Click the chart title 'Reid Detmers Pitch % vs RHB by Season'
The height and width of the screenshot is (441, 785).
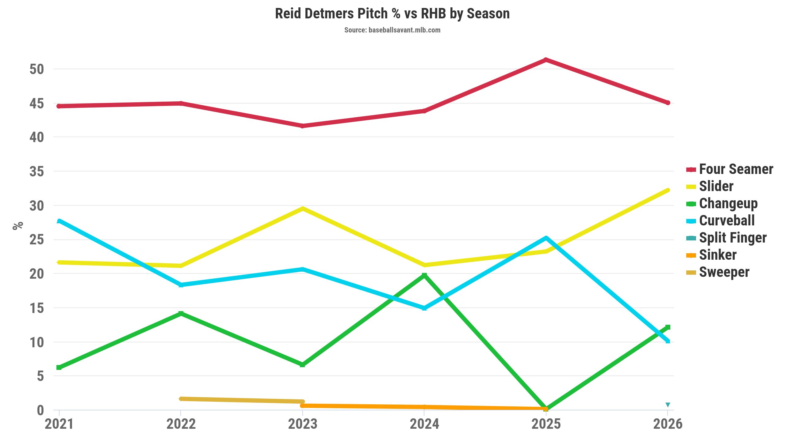click(x=392, y=14)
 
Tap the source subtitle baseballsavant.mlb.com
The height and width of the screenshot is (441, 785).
click(x=392, y=30)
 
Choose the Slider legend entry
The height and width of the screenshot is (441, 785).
click(x=716, y=186)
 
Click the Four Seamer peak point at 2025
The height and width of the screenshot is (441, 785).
click(x=546, y=60)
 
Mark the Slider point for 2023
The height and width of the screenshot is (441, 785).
click(x=303, y=209)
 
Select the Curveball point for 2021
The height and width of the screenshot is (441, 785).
click(x=59, y=221)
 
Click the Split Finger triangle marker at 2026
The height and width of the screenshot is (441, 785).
click(x=668, y=405)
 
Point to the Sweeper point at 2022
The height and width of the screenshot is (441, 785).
click(x=181, y=399)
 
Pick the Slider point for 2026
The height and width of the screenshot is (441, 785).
click(x=668, y=190)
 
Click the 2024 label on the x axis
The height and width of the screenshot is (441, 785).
click(x=424, y=424)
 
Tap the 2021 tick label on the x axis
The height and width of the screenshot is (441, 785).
click(x=59, y=424)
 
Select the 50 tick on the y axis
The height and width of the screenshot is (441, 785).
click(x=37, y=69)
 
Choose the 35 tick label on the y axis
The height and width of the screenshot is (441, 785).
click(x=37, y=171)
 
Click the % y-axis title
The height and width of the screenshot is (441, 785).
click(x=18, y=226)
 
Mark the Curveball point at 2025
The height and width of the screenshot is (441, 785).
click(x=546, y=238)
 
